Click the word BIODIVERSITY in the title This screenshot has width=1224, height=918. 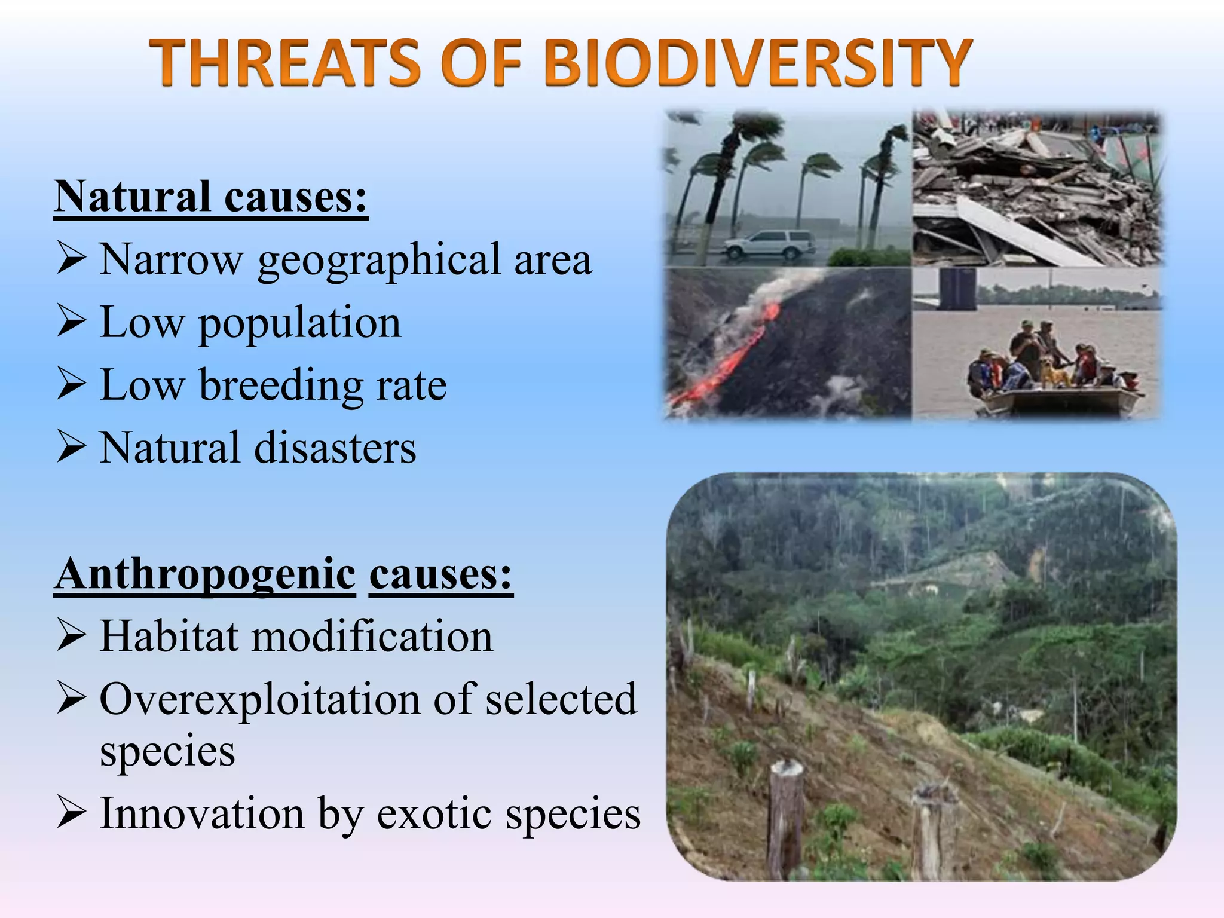point(758,62)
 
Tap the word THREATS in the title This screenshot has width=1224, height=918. point(284,62)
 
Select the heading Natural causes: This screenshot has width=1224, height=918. point(210,197)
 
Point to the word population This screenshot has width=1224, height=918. point(299,323)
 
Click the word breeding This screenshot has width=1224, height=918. point(281,385)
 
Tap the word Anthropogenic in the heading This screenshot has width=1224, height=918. point(205,574)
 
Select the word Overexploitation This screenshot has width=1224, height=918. point(259,699)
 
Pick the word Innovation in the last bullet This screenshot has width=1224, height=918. point(202,814)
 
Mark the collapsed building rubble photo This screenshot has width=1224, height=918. point(1037,188)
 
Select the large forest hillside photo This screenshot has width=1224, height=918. point(920,675)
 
